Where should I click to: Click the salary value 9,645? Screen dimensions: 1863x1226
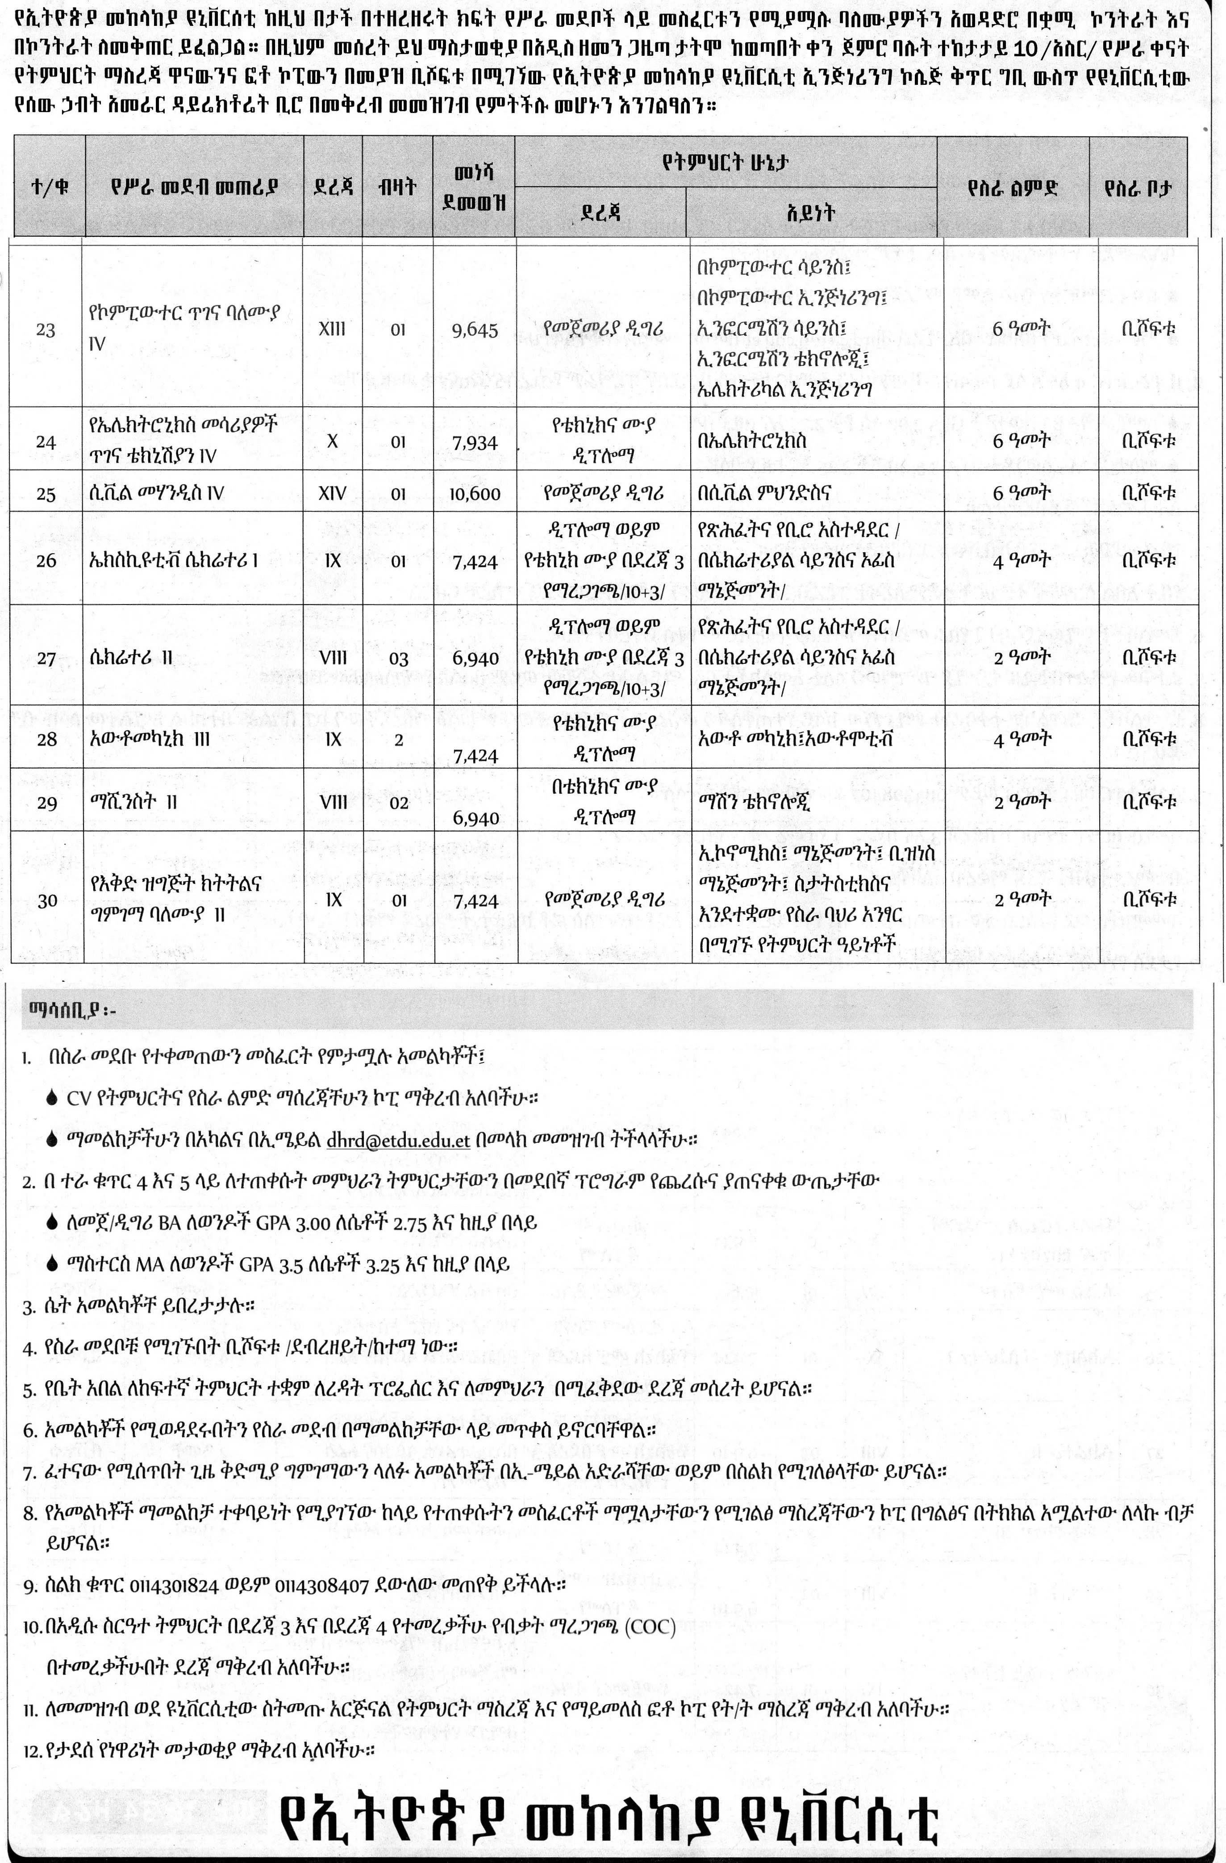(475, 329)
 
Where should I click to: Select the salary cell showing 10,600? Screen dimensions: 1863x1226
(475, 493)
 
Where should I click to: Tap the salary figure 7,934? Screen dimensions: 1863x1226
(475, 443)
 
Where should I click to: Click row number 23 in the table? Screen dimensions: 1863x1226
(46, 329)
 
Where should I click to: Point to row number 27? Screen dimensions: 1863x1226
(46, 659)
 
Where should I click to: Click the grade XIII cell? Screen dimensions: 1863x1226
(333, 329)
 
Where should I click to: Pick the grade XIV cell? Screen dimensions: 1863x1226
(333, 493)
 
